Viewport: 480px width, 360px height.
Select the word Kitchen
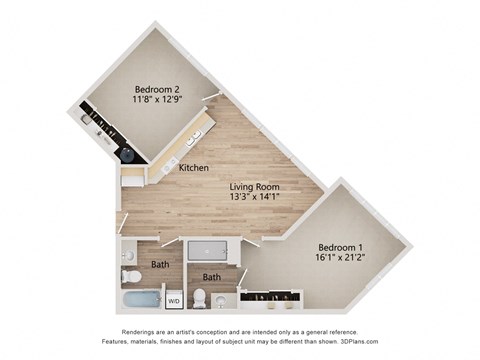pyautogui.click(x=193, y=168)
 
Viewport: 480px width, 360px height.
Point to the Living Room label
pyautogui.click(x=253, y=187)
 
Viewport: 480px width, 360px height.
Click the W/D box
pyautogui.click(x=173, y=299)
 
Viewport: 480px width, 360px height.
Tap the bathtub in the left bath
pyautogui.click(x=139, y=299)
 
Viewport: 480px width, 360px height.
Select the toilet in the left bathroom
pyautogui.click(x=129, y=274)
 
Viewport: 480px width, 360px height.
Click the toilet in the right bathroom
pyautogui.click(x=201, y=297)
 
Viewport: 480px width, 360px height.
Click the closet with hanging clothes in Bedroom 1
pyautogui.click(x=271, y=296)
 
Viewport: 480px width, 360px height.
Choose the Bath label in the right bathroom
pyautogui.click(x=211, y=277)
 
